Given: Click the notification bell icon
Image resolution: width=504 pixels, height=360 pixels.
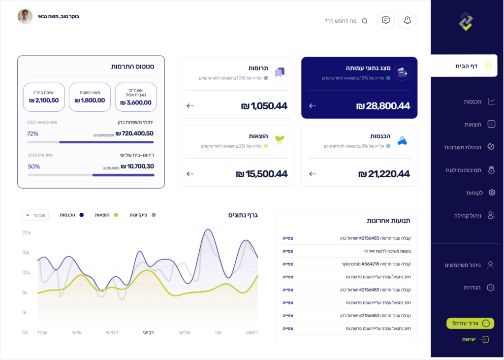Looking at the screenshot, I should coord(407,20).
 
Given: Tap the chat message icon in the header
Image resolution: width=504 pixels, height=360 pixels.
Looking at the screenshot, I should coord(386,20).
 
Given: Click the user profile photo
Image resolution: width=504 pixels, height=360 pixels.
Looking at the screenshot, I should coord(25,16).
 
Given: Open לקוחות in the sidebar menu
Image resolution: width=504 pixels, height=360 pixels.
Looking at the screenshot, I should coord(475,193).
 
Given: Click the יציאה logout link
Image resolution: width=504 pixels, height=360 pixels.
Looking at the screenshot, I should coord(469,339).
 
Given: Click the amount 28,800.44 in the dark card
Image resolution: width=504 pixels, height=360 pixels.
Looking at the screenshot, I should coord(383,106).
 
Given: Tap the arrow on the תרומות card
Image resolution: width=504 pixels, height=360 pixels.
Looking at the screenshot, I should coord(190,106).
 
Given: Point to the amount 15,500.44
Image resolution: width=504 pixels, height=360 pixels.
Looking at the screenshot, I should coord(261,174).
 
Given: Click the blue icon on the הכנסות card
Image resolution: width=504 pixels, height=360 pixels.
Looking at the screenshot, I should coord(402,140).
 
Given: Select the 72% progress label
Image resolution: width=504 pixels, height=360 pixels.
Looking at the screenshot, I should coord(32,133).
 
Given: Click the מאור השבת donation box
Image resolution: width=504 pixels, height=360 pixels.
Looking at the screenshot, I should coord(90,97).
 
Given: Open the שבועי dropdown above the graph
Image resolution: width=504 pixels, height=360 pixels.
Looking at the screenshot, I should coord(35,215).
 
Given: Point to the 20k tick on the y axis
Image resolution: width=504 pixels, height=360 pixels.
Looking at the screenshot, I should coord(26,232).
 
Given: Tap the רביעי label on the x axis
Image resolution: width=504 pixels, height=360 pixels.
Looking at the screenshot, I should coord(148,332).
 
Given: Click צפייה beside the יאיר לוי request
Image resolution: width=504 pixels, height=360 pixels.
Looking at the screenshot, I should coord(288,251).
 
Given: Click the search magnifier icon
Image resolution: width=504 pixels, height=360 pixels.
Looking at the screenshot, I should coord(365,21).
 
